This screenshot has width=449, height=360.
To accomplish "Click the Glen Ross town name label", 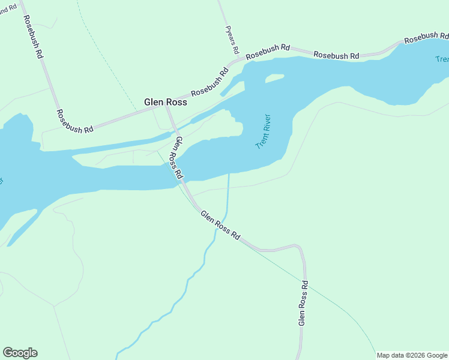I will [166, 103].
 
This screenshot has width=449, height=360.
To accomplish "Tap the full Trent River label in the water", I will [264, 132].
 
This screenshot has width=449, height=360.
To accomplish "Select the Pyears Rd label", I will [232, 39].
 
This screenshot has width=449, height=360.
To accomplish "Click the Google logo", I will [20, 353].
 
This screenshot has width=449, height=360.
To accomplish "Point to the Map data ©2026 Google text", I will [412, 355].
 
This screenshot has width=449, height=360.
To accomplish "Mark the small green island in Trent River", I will [274, 78].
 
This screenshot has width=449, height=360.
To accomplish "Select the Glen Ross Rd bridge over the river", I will [181, 174].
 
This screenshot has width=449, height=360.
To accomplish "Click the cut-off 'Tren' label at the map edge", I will [441, 59].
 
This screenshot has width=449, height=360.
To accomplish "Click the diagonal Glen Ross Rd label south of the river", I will [220, 226].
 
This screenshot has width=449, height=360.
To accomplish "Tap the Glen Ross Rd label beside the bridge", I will [178, 158].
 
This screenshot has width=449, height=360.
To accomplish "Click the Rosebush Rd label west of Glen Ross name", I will [75, 121].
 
